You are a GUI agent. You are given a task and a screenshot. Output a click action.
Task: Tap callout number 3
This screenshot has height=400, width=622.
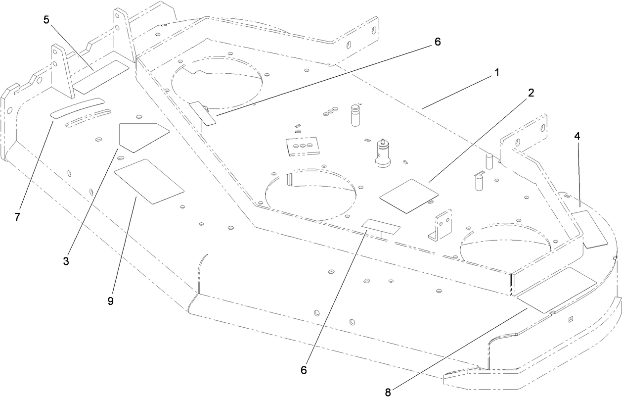coord(66,261)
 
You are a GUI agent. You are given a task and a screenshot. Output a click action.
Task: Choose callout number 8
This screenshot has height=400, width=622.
coord(388,392)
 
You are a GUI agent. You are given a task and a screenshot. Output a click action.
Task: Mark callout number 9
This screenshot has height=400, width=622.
coord(110,300)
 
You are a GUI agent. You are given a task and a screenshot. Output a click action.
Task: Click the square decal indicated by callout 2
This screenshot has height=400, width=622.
coord(409,196)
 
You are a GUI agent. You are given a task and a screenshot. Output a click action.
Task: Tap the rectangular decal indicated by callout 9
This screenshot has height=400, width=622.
coord(148,181)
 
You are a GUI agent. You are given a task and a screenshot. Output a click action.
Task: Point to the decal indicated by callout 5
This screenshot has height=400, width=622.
coord(101,77)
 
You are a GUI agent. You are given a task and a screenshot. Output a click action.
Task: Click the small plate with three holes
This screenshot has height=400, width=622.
coord(301,146)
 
